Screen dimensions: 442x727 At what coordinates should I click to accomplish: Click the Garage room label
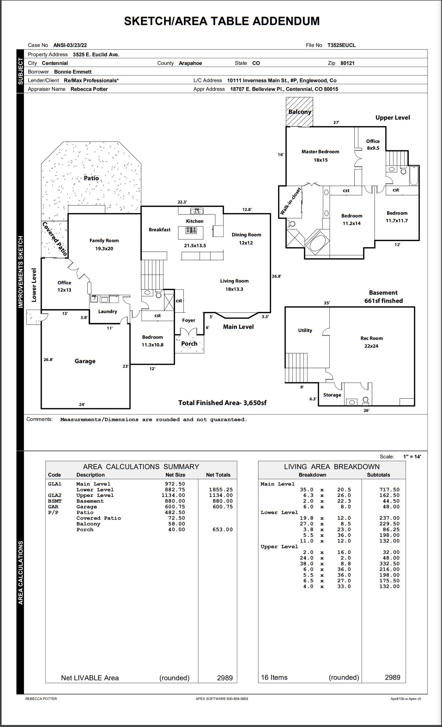click(x=85, y=361)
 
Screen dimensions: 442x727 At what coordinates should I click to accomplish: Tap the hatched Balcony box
click(x=299, y=112)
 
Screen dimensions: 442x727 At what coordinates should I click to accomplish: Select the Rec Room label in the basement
click(x=371, y=338)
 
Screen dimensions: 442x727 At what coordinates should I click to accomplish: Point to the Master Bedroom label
click(x=320, y=152)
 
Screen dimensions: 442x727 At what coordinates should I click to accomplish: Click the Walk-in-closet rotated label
click(x=290, y=201)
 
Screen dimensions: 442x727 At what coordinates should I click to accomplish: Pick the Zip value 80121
click(x=347, y=63)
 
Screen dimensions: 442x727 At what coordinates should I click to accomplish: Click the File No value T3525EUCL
click(x=341, y=45)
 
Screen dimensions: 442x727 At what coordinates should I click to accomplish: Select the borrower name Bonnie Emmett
click(x=73, y=72)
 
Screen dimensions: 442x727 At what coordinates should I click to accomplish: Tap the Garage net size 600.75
click(x=175, y=507)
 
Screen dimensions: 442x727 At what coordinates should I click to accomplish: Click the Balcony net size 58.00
click(x=177, y=524)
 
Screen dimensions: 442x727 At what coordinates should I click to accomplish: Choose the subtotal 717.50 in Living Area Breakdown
click(x=389, y=489)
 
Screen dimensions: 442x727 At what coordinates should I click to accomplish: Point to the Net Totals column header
click(x=218, y=475)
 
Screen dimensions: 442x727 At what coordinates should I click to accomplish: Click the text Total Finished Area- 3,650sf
click(x=222, y=403)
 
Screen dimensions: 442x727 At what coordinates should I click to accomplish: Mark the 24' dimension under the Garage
click(x=82, y=405)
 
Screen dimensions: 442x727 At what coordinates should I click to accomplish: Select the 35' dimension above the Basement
click(x=327, y=303)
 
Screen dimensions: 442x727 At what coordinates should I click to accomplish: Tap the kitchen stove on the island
click(x=191, y=230)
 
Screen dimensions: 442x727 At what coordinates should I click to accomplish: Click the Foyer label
click(x=188, y=320)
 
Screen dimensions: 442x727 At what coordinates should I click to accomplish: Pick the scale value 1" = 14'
click(x=412, y=457)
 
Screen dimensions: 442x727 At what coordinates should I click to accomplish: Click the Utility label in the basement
click(x=305, y=330)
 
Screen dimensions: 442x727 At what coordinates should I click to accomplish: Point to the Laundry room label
click(x=108, y=311)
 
